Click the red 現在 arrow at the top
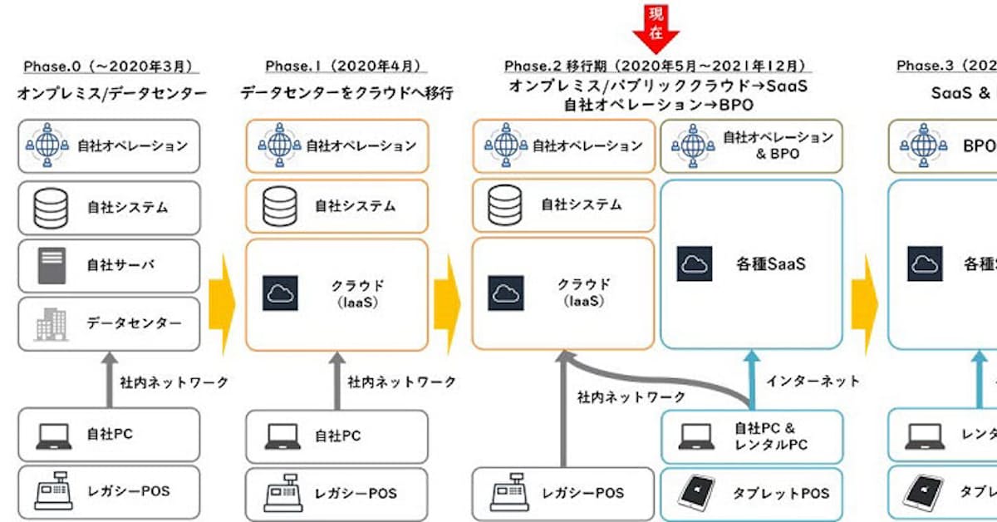click(656, 25)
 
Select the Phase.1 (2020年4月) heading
click(343, 66)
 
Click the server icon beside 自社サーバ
click(51, 266)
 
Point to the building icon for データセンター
click(51, 324)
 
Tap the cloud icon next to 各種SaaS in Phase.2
click(694, 264)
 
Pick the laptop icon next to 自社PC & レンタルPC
click(695, 435)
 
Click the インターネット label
click(813, 382)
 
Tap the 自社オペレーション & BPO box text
click(777, 145)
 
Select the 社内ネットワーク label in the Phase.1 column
click(402, 382)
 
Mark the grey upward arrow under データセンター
click(108, 378)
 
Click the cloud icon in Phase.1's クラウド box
click(280, 293)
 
